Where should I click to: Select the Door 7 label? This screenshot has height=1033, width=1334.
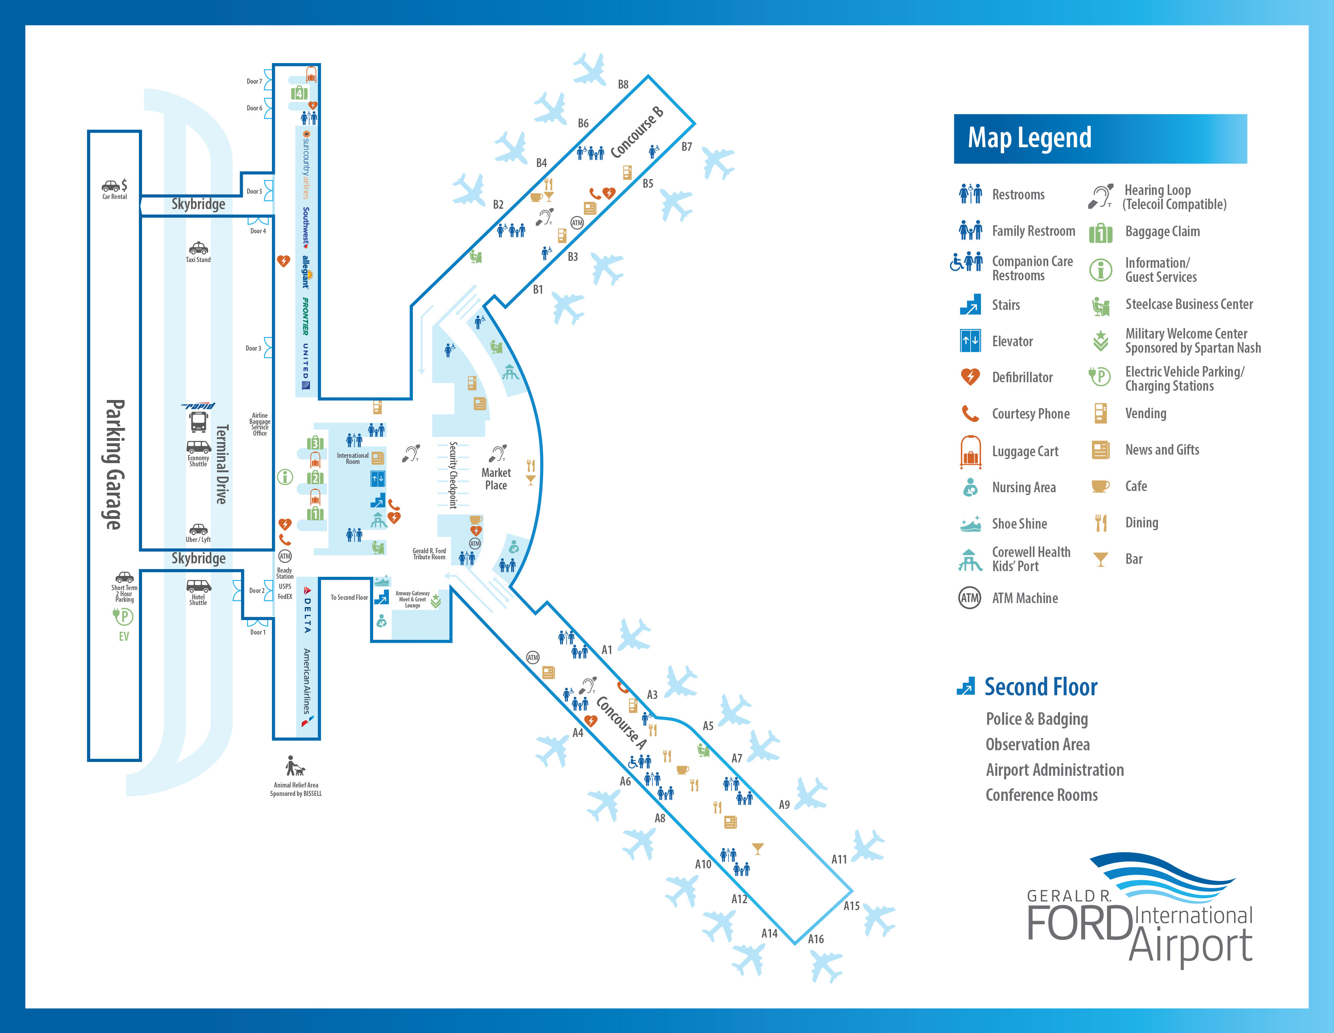(x=254, y=81)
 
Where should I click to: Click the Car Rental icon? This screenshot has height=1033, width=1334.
(x=114, y=186)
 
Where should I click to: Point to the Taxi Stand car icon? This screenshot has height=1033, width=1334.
(x=198, y=248)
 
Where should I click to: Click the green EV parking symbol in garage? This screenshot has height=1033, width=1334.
(x=123, y=617)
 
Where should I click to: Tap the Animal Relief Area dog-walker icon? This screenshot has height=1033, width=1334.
(x=294, y=766)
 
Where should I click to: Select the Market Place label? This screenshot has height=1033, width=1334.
(x=496, y=478)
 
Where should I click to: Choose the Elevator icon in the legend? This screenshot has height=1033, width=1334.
(x=970, y=341)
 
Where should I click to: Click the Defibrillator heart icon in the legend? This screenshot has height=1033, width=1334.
(x=970, y=377)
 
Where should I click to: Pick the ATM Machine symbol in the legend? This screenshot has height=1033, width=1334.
(x=970, y=598)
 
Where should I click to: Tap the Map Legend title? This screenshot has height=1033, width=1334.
(x=1029, y=138)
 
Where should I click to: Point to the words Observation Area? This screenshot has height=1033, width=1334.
(x=1037, y=744)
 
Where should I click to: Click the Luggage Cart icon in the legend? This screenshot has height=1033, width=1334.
(x=970, y=452)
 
